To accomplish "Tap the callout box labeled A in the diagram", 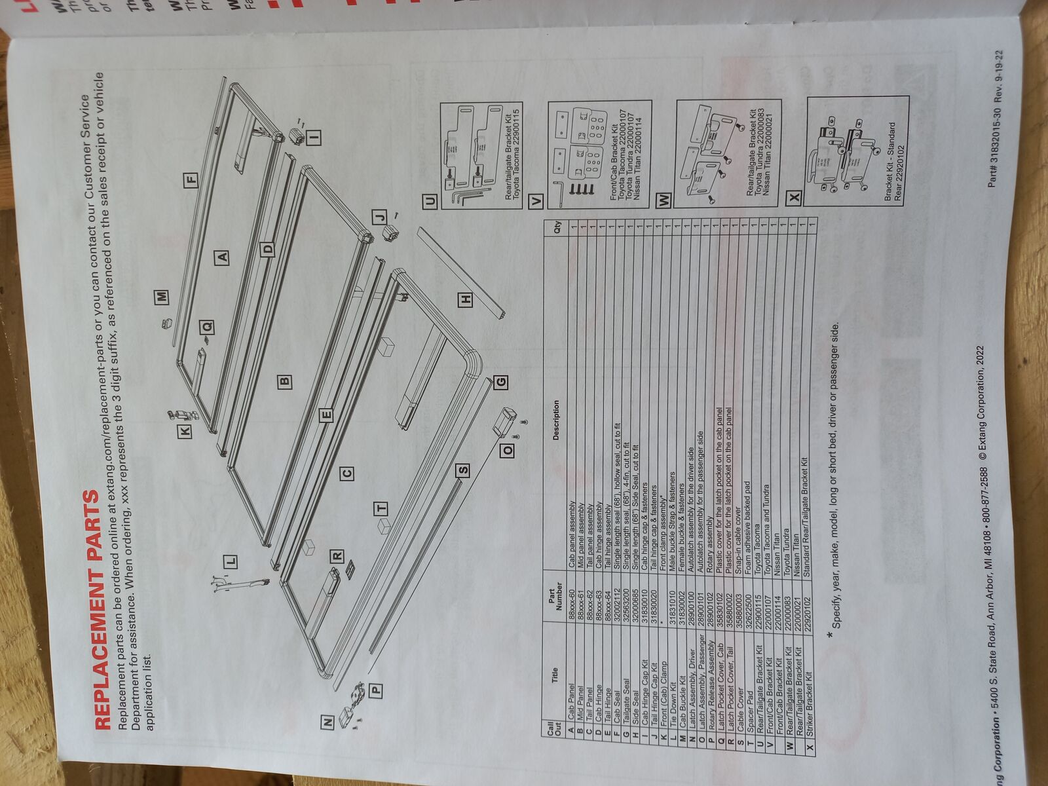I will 223,256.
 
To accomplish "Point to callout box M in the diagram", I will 162,297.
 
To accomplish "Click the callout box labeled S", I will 464,470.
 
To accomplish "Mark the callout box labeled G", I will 501,381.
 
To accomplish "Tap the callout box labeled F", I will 191,179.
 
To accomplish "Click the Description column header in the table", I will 555,420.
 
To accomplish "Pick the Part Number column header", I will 555,597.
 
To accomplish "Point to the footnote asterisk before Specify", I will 832,635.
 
